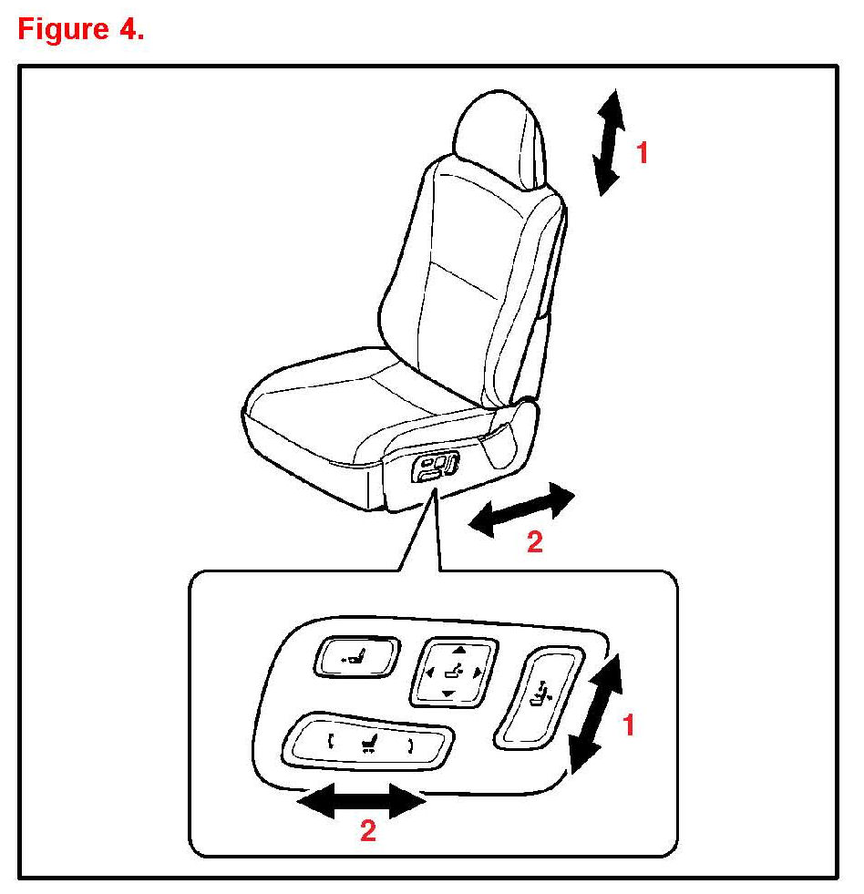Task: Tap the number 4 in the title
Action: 128,28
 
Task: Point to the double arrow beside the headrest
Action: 609,142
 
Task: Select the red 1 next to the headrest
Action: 643,153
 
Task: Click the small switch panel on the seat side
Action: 435,467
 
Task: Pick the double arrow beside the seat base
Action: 521,509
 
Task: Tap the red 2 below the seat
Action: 534,541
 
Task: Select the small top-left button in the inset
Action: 357,657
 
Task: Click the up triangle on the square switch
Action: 459,650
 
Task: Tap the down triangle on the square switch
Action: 448,694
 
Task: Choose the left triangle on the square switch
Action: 429,673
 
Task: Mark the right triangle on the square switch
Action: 478,673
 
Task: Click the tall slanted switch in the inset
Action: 539,697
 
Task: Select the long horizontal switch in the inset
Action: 367,741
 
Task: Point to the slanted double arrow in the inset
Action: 597,714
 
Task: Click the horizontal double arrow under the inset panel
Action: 362,801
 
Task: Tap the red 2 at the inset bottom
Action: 368,831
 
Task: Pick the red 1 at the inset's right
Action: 629,725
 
